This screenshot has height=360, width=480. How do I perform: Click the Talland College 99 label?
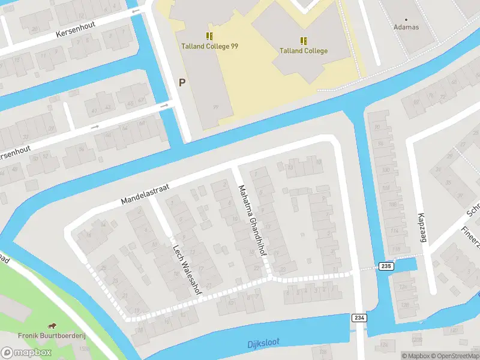tap(210, 46)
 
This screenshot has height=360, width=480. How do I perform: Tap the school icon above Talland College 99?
tap(209, 36)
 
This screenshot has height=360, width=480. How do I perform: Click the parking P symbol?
tap(182, 83)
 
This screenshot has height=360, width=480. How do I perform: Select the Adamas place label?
tap(406, 27)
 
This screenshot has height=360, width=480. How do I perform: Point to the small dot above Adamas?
tap(406, 19)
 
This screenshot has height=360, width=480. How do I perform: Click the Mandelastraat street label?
tap(145, 193)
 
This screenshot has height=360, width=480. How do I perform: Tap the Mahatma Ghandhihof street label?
tap(252, 221)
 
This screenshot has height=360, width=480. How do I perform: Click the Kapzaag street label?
tap(422, 227)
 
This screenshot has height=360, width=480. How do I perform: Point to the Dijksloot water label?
tap(263, 343)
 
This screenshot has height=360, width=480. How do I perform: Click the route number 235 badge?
tap(386, 266)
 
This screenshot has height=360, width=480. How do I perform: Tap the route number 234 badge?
tap(359, 317)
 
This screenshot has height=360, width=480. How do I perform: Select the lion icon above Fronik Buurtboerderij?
tap(53, 325)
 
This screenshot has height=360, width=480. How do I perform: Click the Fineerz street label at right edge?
tap(471, 236)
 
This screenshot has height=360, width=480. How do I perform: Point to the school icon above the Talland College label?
tap(304, 41)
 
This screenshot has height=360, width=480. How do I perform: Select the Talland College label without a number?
tap(304, 51)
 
